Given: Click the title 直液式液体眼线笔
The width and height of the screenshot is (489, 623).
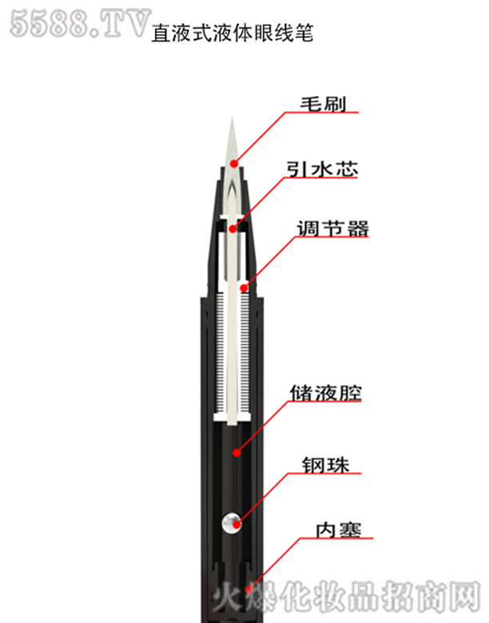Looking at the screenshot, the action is click(x=233, y=33).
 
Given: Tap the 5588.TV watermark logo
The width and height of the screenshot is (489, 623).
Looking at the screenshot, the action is click(x=80, y=24).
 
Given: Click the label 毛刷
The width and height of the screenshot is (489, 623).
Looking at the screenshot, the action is click(x=323, y=104).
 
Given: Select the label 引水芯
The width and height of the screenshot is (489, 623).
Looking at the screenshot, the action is click(x=322, y=169).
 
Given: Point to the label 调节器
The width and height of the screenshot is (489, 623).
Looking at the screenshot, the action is click(x=332, y=228).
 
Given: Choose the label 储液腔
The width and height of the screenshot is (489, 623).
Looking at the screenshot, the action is click(x=326, y=393).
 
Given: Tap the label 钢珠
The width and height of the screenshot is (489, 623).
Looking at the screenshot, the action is click(x=326, y=465).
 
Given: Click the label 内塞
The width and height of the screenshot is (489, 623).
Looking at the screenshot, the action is click(x=338, y=530).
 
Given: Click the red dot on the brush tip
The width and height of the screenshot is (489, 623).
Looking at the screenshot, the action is click(x=234, y=163).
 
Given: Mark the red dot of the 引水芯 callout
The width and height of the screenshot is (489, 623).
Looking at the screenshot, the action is click(x=233, y=229).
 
